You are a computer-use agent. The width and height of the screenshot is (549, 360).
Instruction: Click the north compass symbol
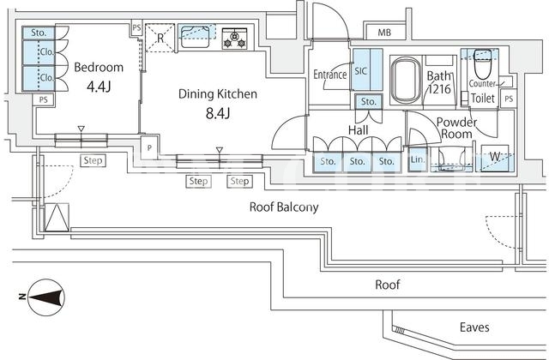(46, 297)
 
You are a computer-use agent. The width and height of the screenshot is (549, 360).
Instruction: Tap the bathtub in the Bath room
(406, 81)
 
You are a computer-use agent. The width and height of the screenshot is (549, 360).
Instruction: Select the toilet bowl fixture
(482, 65)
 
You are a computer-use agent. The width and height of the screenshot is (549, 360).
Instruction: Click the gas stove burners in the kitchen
(234, 38)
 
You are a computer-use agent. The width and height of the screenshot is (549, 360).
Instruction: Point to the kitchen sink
(196, 36)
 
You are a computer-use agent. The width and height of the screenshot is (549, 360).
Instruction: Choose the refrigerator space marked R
(160, 38)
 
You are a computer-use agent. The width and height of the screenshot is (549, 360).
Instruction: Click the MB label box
(384, 33)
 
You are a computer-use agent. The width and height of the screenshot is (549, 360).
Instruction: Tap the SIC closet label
(361, 71)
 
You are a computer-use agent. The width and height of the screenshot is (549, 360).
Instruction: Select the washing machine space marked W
(494, 158)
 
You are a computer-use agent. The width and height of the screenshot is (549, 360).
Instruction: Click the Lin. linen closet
(418, 160)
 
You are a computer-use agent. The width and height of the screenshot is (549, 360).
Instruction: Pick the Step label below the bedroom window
(93, 160)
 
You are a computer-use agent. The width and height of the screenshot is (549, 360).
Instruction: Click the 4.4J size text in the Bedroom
(99, 87)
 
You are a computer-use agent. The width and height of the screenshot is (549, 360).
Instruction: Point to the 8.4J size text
(217, 113)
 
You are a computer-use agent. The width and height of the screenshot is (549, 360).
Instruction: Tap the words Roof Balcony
(284, 207)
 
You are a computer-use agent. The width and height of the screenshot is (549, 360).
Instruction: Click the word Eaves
(474, 327)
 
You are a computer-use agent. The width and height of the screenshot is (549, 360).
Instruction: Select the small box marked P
(149, 147)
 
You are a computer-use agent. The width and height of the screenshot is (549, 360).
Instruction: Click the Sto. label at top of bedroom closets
(39, 33)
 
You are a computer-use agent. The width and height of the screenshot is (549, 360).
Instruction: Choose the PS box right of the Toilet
(509, 99)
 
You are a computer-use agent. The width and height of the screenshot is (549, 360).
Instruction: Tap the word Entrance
(329, 75)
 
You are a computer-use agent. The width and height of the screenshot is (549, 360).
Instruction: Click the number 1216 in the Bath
(439, 89)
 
